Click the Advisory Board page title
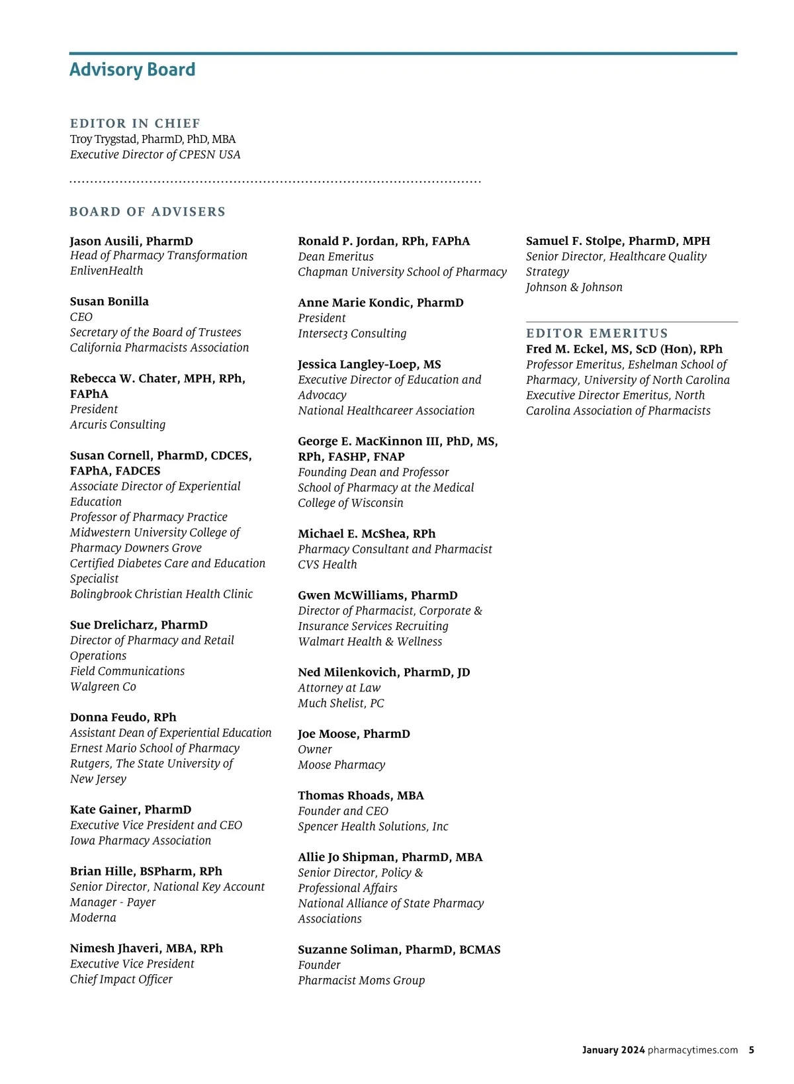132,70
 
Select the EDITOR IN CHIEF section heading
135,124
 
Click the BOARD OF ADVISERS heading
148,212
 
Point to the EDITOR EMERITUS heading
597,334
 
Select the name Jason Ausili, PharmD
131,241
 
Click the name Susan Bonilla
109,302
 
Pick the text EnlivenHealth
107,271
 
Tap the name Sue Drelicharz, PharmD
138,625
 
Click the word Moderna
93,918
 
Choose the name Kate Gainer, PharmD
130,810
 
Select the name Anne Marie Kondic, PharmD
380,303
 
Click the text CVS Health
327,565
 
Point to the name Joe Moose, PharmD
353,734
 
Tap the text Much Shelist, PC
341,703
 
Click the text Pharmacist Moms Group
361,981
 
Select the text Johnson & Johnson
574,287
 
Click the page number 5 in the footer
752,1050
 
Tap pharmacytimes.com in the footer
692,1050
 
